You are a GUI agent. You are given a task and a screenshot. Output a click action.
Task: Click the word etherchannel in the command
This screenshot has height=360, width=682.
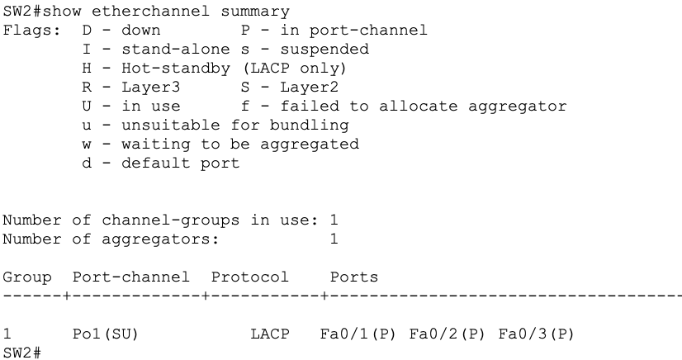click(x=150, y=11)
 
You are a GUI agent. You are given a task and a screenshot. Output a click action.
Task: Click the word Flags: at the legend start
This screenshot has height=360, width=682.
click(x=31, y=30)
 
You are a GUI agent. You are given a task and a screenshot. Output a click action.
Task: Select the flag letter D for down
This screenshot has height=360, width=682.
click(x=87, y=30)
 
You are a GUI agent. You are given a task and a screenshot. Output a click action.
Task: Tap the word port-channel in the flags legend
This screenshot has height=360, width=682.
click(x=368, y=31)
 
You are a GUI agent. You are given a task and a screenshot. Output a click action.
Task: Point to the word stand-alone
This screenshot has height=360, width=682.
click(x=175, y=50)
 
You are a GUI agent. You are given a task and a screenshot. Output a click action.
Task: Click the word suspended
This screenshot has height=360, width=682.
click(x=324, y=50)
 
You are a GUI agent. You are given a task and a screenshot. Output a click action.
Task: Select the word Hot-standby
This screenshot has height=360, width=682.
click(x=175, y=69)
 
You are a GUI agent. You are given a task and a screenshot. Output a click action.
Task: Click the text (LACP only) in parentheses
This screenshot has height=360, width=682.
click(x=295, y=69)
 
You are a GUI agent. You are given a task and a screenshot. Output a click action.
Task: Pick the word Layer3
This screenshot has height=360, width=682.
click(x=150, y=88)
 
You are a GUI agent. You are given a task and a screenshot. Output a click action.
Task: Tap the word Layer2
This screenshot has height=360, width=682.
click(x=310, y=88)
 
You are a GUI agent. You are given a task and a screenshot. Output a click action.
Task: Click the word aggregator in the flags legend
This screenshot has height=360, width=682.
click(x=517, y=107)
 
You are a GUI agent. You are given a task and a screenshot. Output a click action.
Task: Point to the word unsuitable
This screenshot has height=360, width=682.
click(x=170, y=126)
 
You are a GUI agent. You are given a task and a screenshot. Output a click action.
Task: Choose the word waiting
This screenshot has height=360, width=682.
click(x=156, y=144)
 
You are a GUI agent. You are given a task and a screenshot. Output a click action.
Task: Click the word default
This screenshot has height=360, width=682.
click(x=156, y=163)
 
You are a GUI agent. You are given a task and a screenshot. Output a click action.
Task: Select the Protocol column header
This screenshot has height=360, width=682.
click(x=249, y=277)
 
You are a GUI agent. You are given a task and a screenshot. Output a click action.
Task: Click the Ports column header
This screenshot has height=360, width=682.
click(x=354, y=277)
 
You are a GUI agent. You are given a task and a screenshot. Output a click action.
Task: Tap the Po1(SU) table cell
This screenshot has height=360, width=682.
click(x=105, y=334)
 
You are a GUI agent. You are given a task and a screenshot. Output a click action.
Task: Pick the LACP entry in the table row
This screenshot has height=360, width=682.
click(x=270, y=334)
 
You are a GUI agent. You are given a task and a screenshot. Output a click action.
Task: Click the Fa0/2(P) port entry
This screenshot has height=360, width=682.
click(x=448, y=334)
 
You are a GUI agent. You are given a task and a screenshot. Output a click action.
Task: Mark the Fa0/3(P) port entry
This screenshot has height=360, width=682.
click(x=537, y=334)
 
